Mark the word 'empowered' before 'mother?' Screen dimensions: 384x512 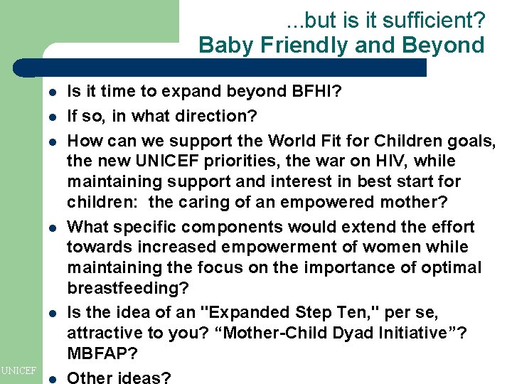click(311, 202)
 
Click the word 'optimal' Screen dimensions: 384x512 click(452, 268)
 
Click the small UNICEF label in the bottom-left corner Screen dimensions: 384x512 click(18, 370)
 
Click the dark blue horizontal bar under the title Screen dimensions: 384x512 click(228, 68)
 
